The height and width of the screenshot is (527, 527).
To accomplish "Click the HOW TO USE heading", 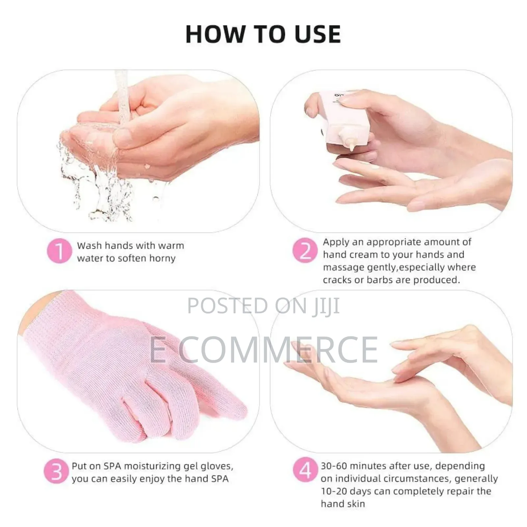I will click(x=263, y=34).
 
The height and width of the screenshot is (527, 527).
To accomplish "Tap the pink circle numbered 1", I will click(x=59, y=251).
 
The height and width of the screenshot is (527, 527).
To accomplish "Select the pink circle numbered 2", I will click(x=305, y=250).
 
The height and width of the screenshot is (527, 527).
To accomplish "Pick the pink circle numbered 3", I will click(x=56, y=471).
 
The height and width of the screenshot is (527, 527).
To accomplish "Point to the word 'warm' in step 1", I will click(x=171, y=246).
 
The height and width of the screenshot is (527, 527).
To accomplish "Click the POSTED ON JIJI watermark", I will click(x=263, y=306).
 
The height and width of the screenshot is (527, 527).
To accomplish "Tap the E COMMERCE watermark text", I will click(x=263, y=350).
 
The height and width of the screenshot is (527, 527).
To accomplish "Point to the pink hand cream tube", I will click(x=343, y=119).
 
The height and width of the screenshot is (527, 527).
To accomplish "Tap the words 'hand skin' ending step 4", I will click(x=343, y=504).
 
